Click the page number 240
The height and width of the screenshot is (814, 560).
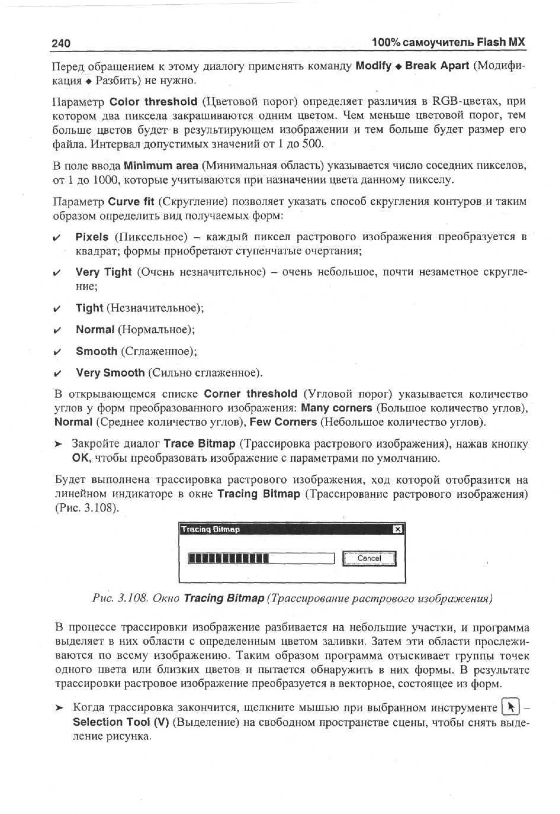click(x=61, y=43)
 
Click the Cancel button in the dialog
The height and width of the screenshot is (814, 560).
click(x=369, y=558)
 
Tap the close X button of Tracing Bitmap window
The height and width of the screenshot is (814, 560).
click(x=397, y=529)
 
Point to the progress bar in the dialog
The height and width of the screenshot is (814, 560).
click(x=261, y=558)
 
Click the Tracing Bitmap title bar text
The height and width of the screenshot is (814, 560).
click(x=211, y=529)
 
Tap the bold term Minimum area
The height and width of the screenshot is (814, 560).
click(x=161, y=166)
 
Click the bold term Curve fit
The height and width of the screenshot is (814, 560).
click(x=131, y=202)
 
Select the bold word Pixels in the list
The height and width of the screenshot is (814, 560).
click(x=92, y=237)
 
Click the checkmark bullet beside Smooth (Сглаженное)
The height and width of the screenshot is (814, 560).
click(x=57, y=352)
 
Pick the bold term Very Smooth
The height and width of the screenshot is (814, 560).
click(x=110, y=373)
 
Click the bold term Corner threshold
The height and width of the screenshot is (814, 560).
click(x=250, y=394)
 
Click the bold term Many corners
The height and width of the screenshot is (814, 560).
click(x=337, y=408)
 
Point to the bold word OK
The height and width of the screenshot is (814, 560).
click(x=80, y=458)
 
